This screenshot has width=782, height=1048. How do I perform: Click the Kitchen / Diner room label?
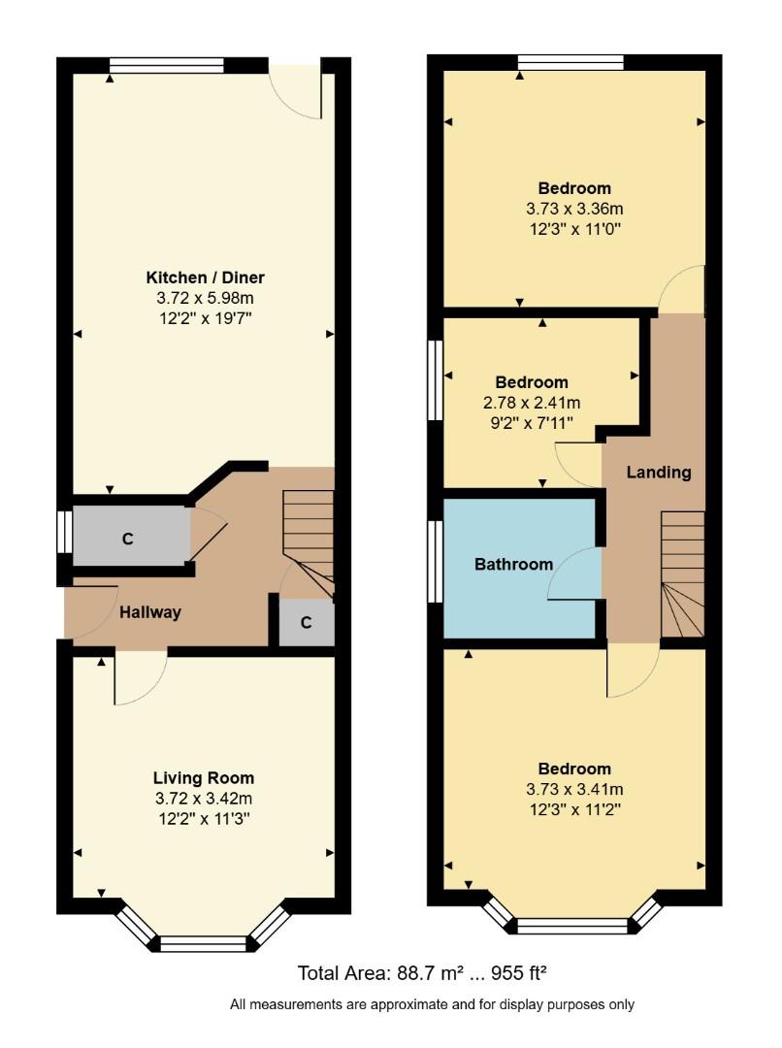205,278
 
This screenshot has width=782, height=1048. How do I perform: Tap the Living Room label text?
204,777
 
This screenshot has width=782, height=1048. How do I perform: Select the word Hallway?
150,612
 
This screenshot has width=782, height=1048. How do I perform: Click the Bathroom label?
513,564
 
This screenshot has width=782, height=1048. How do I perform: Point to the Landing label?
659,473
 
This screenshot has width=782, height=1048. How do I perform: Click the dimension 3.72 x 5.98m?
205,298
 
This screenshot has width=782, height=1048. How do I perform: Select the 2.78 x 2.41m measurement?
532,402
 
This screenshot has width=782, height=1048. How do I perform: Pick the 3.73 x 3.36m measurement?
574,209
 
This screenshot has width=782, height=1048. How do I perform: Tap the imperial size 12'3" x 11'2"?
574,808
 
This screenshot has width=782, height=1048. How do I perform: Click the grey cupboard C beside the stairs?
306,623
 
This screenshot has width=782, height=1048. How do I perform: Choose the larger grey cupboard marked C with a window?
128,539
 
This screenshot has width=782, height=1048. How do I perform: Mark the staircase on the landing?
683,573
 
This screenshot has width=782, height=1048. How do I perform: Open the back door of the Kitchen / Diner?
297,91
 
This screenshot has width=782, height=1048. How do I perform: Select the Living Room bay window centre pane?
204,943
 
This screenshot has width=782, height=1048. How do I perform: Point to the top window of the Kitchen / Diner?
167,65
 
